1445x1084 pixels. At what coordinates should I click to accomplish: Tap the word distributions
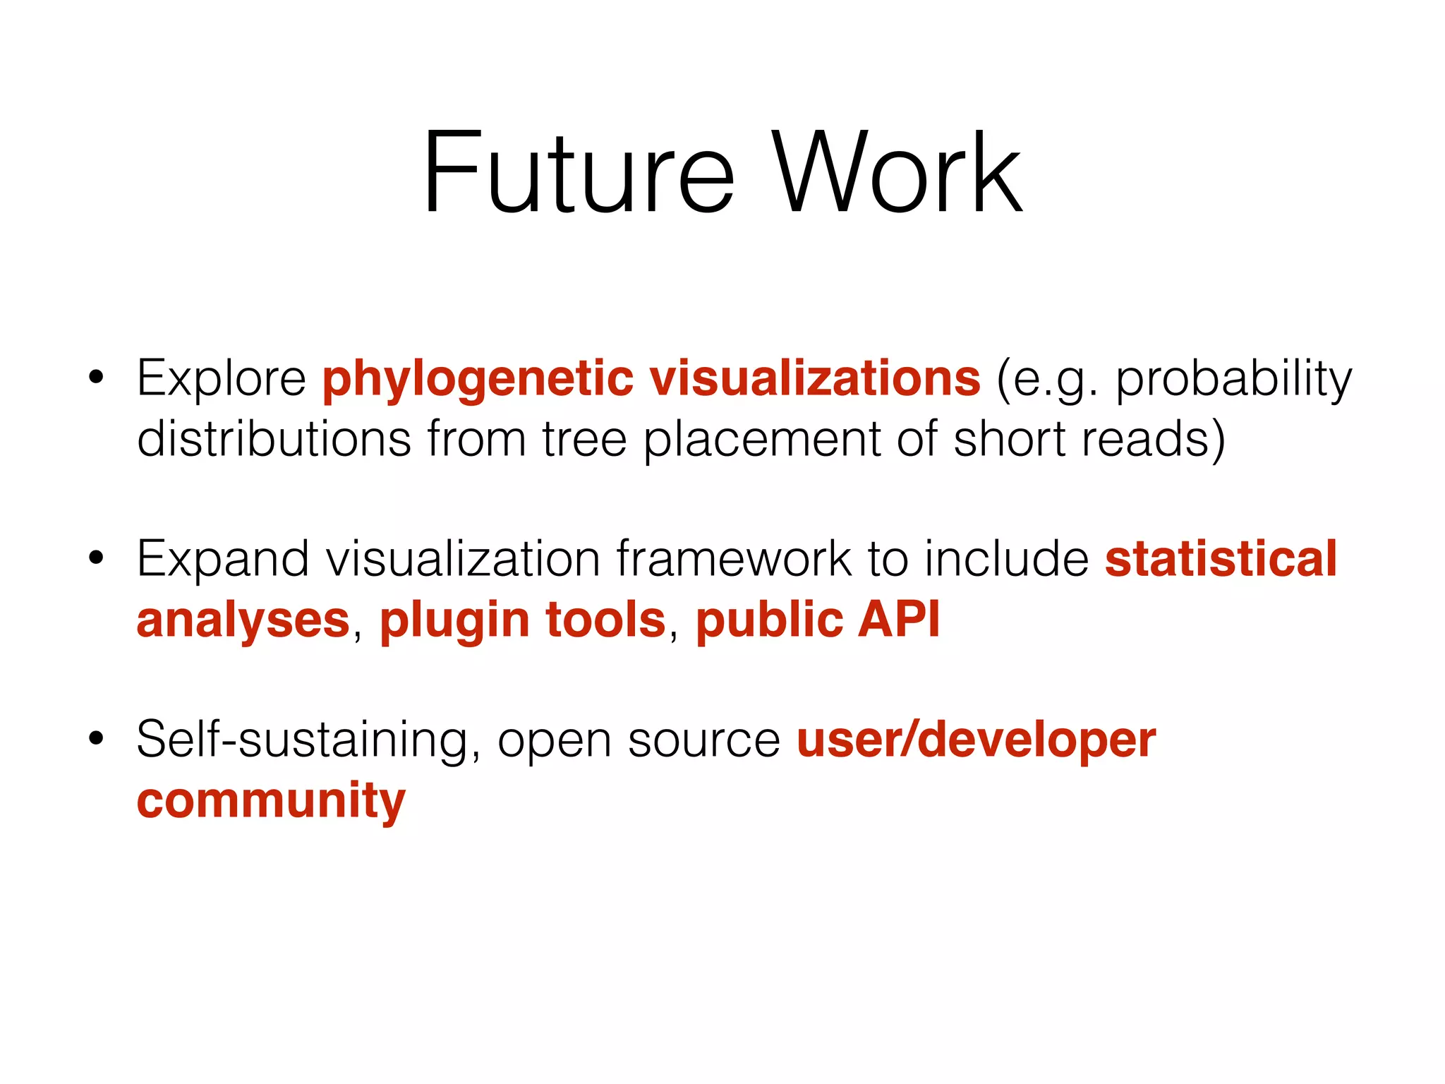[x=274, y=439]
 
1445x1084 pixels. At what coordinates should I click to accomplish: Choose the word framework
[x=734, y=559]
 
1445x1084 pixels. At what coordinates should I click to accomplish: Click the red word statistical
[x=1221, y=559]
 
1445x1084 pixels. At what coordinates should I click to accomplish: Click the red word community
[x=271, y=802]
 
